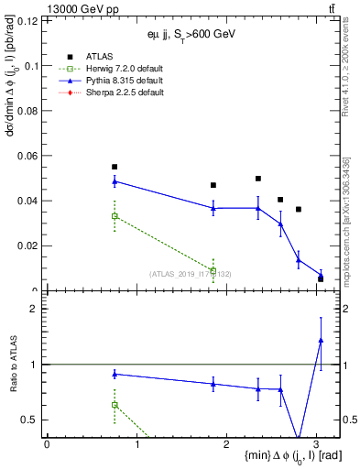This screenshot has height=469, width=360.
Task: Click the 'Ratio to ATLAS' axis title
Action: [11, 364]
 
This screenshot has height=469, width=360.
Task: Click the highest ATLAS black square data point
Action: [115, 167]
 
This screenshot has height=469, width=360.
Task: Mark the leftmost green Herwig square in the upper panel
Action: [115, 216]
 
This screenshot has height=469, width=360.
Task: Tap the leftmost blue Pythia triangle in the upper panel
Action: [115, 181]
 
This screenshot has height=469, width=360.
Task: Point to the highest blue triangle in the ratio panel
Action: [321, 341]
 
